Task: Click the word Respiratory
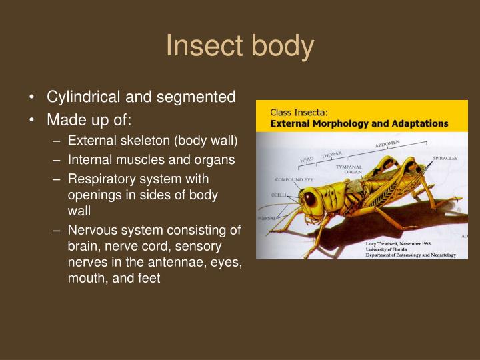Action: (x=101, y=179)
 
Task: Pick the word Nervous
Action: (x=91, y=231)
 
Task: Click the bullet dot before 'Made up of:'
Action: (x=33, y=121)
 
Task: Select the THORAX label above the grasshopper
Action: (x=331, y=155)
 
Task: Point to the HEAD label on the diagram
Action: (x=307, y=160)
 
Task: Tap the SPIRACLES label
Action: (x=445, y=158)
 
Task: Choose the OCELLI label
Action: (x=279, y=196)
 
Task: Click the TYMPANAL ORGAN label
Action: (x=348, y=169)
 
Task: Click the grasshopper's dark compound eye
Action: (x=310, y=197)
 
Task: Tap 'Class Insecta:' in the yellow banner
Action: (x=293, y=113)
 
